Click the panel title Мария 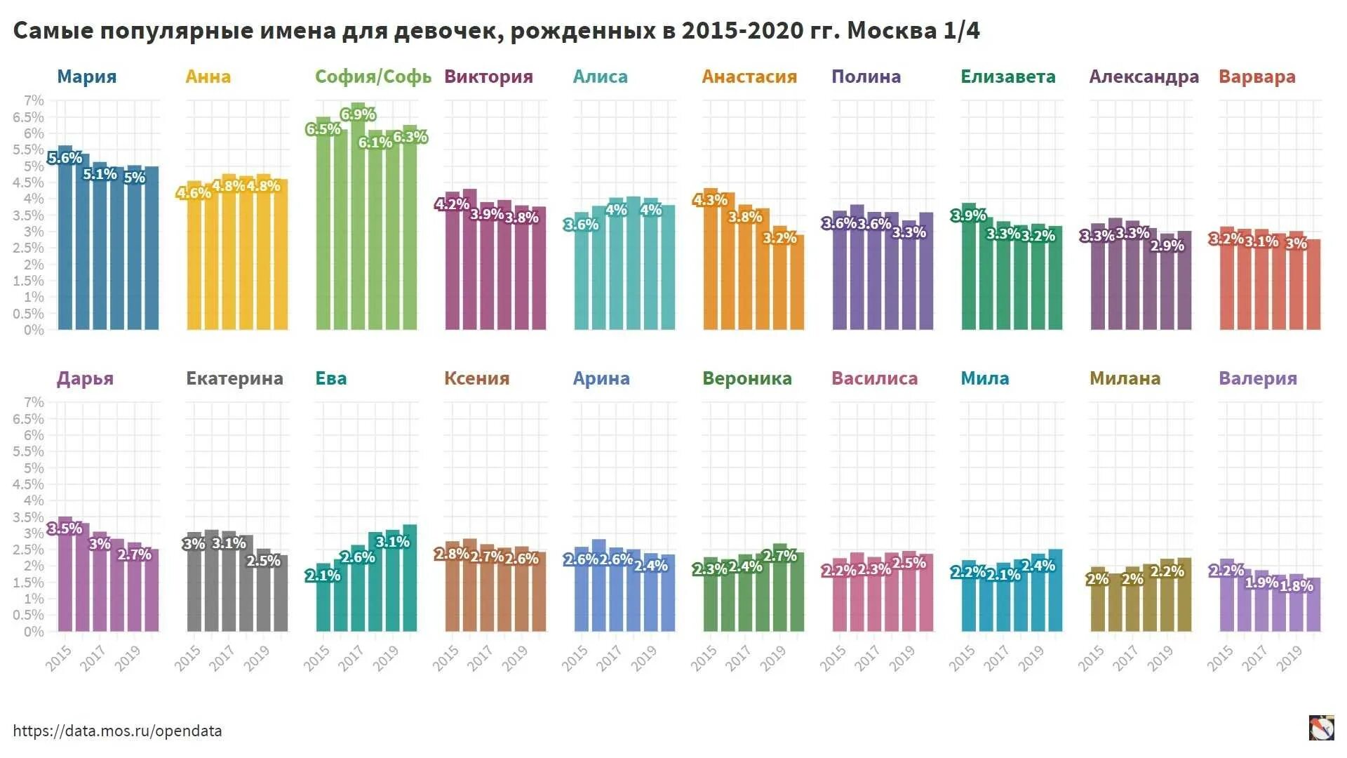click(x=86, y=77)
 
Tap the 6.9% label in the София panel click(x=358, y=114)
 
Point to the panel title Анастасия click(x=749, y=77)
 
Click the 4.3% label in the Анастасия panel click(x=710, y=200)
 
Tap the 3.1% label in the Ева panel click(x=392, y=542)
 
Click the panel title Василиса click(x=874, y=378)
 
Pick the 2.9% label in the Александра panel click(x=1167, y=246)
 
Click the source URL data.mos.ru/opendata click(x=117, y=731)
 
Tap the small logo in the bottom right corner click(x=1321, y=728)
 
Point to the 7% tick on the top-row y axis click(x=34, y=100)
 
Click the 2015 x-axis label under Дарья click(x=59, y=659)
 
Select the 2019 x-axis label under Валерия click(x=1289, y=659)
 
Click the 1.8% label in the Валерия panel click(x=1296, y=586)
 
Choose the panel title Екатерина click(x=234, y=378)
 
